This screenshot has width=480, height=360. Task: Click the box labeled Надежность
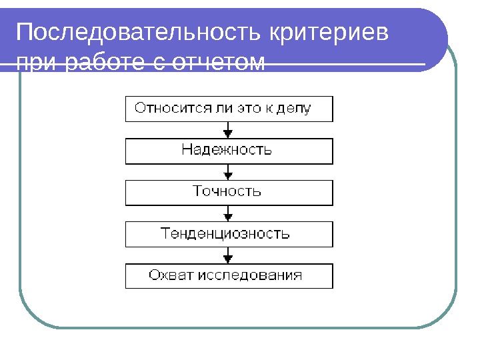[x=229, y=151]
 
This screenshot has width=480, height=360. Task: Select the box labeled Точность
[x=229, y=192]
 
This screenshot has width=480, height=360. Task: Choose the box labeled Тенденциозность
[x=229, y=234]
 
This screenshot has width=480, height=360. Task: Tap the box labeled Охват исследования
[x=229, y=275]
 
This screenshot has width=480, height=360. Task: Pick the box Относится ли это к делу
[x=229, y=109]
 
